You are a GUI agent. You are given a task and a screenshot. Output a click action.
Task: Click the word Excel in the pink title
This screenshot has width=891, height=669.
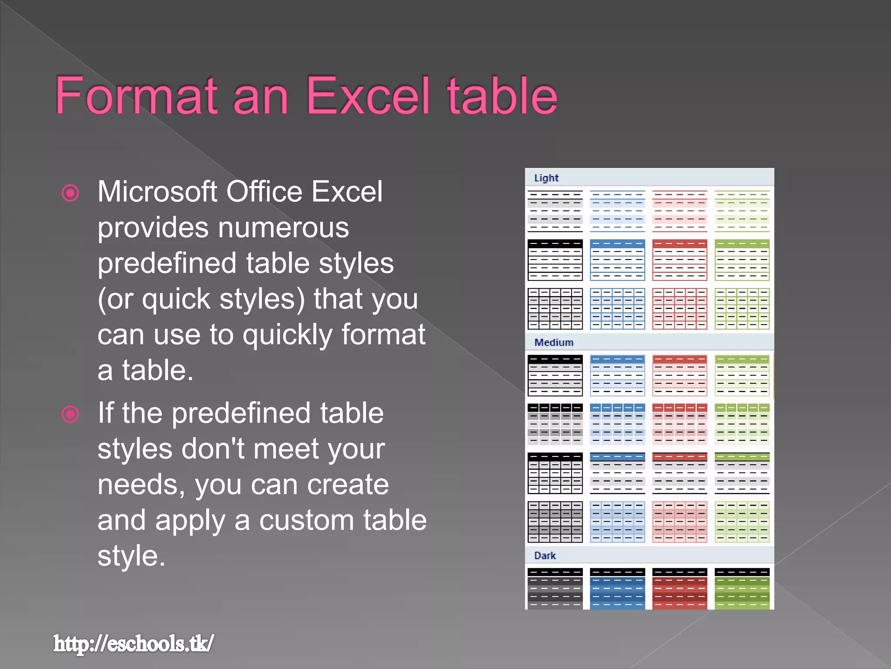pos(368,96)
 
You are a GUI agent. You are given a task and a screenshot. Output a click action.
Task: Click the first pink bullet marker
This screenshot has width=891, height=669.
pos(70,193)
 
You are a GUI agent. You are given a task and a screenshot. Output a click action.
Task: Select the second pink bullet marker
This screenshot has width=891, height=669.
pos(70,414)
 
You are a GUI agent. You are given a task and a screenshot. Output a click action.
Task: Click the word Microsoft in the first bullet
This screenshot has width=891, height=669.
pos(157,192)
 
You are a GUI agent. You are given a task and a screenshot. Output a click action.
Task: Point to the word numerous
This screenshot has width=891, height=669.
pos(283,227)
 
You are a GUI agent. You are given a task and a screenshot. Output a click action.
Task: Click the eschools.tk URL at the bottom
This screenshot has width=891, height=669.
pos(134,643)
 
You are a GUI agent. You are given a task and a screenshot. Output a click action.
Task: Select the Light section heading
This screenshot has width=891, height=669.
pos(546,178)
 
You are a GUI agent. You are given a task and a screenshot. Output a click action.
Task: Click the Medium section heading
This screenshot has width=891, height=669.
pos(554,342)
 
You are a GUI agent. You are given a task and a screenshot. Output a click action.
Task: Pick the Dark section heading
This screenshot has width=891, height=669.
pos(545,556)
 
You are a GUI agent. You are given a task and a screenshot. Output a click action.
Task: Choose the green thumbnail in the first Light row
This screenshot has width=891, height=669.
pos(742,211)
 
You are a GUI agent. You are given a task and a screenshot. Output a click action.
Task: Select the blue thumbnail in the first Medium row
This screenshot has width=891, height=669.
pos(617,375)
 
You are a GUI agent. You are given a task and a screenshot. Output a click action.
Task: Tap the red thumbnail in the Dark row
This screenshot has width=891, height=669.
pos(680,588)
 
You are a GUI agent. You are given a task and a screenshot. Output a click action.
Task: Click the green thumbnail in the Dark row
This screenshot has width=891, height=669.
pos(742,588)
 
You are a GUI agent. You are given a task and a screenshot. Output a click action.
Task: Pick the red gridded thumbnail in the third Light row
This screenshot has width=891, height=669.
pos(680,308)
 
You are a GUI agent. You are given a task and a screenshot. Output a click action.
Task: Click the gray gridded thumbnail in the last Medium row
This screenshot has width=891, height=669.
pos(555,522)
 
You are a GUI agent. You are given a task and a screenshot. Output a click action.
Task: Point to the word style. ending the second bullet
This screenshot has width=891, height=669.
pos(131,556)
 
